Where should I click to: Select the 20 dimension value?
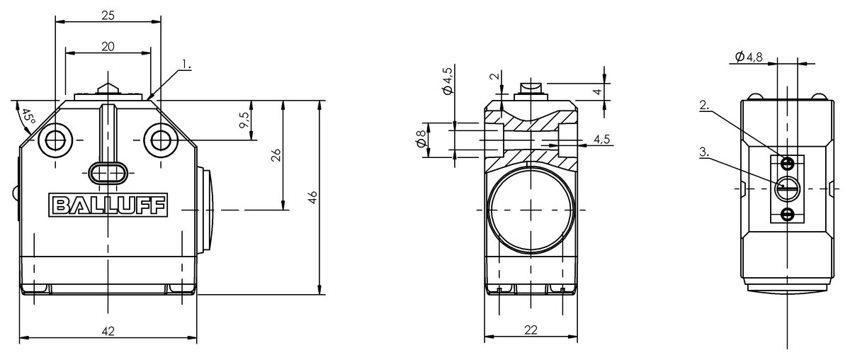pyautogui.click(x=108, y=46)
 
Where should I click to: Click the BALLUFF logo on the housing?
pyautogui.click(x=108, y=206)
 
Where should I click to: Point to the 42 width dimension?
pyautogui.click(x=108, y=330)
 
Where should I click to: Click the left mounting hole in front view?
pyautogui.click(x=54, y=140)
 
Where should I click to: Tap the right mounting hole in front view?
pyautogui.click(x=161, y=140)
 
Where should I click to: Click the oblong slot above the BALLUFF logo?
pyautogui.click(x=108, y=172)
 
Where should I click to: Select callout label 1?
pyautogui.click(x=186, y=64)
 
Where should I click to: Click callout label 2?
pyautogui.click(x=705, y=106)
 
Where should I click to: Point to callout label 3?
pyautogui.click(x=705, y=151)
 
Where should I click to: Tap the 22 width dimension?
pyautogui.click(x=531, y=330)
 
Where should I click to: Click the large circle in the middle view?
pyautogui.click(x=531, y=210)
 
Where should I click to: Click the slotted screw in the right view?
pyautogui.click(x=787, y=188)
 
